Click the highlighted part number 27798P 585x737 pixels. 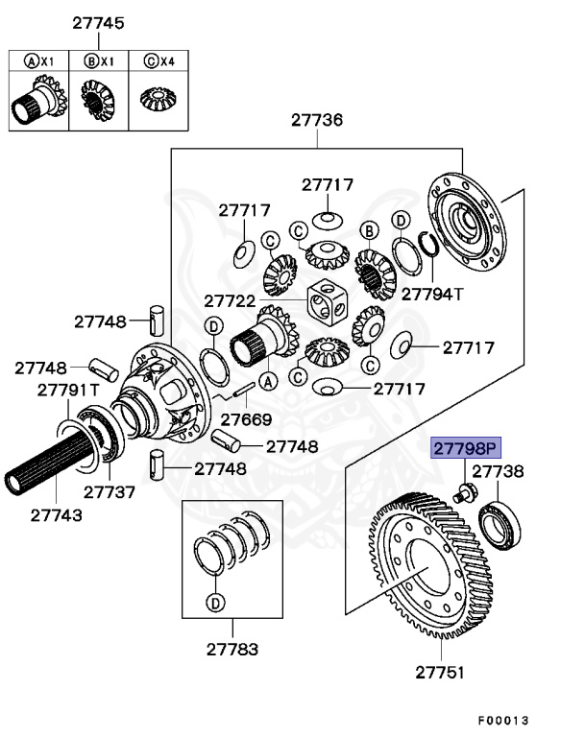point(466,448)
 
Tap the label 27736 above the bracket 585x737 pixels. point(317,120)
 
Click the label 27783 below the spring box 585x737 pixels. point(232,649)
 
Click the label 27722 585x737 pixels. point(229,300)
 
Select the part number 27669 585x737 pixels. point(245,420)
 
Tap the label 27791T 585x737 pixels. point(68,390)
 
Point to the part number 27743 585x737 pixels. point(56,513)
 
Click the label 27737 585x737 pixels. point(109,491)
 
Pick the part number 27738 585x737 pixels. point(497,471)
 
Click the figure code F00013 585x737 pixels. point(503,720)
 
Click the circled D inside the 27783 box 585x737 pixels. point(214,603)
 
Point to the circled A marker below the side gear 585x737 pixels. point(268,381)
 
